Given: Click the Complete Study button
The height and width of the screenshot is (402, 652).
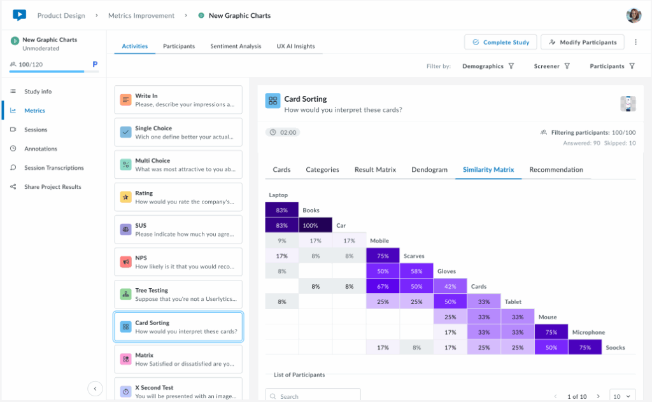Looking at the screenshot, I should (500, 43).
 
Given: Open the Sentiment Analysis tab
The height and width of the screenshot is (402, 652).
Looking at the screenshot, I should (236, 46).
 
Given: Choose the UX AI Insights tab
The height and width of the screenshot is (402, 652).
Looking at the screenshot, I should (295, 46).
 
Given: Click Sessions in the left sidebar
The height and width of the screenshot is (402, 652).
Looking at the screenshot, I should (36, 130).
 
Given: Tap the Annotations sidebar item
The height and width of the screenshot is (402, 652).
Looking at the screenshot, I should (40, 149).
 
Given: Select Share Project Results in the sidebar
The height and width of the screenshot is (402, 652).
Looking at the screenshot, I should (52, 187).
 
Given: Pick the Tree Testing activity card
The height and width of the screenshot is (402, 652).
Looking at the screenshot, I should (178, 295).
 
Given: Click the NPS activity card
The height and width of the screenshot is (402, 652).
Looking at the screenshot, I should (178, 262).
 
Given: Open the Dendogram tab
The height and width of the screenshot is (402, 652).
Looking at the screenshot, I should (429, 170).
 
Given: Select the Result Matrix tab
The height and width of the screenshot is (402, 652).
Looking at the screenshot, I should (375, 170).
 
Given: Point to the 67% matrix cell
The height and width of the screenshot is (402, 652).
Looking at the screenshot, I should (383, 286).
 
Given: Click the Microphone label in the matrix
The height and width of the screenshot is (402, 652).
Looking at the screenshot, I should (588, 332).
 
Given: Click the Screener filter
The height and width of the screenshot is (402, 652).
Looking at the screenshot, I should (551, 66).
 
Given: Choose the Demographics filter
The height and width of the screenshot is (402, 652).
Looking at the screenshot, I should (488, 66).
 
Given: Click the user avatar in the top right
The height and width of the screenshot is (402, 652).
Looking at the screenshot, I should (634, 15).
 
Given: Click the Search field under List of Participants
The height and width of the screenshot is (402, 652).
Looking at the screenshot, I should (313, 396).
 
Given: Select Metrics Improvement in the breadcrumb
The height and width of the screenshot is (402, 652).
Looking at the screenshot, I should (141, 15).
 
